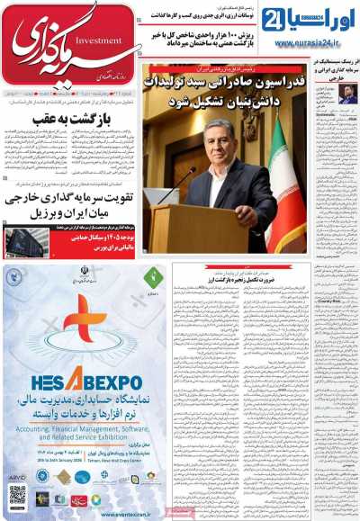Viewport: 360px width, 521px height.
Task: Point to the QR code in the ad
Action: tap(18, 497)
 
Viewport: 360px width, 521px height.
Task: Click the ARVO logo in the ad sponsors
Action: tap(17, 477)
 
